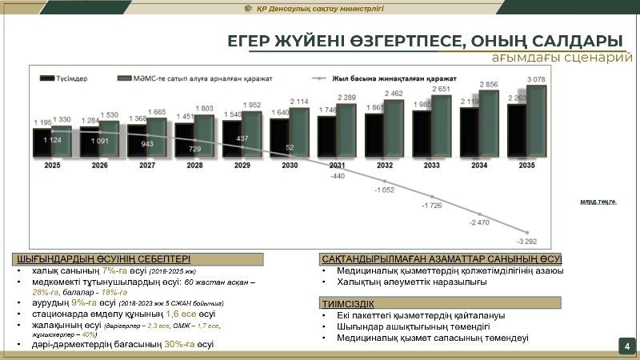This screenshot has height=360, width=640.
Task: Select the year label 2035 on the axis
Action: pos(526,166)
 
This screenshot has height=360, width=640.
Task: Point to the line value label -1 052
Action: pos(385,190)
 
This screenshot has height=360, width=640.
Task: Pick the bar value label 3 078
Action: pos(537,78)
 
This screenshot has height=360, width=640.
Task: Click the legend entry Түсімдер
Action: pos(72,78)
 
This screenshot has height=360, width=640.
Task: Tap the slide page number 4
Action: pos(627,346)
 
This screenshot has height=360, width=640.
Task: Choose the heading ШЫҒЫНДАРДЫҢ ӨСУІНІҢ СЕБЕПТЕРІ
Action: pos(103,258)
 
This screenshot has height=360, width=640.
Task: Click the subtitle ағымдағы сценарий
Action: pos(557,59)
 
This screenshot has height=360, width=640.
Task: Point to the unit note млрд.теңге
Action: pos(598,202)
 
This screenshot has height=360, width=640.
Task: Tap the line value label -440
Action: pos(337,175)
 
